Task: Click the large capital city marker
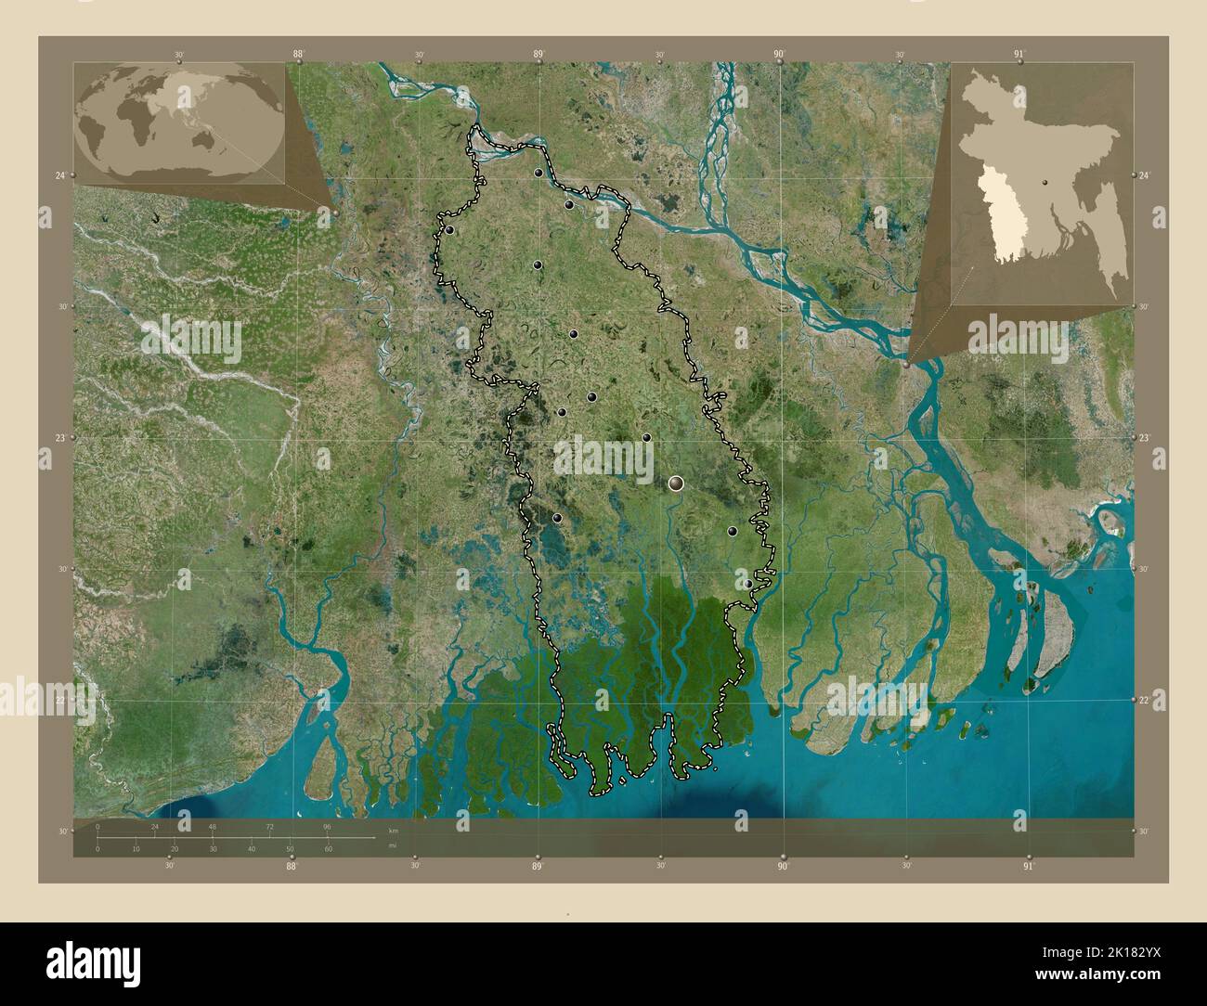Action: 676,483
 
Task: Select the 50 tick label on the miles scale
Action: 290,849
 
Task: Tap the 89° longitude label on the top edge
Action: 538,55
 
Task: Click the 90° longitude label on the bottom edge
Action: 783,866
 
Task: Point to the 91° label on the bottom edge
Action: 1028,866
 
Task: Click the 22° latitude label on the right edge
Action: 1148,700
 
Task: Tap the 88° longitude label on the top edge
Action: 298,55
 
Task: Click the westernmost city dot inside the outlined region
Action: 449,231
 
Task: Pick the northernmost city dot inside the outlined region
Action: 538,173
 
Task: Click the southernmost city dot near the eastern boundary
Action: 747,584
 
